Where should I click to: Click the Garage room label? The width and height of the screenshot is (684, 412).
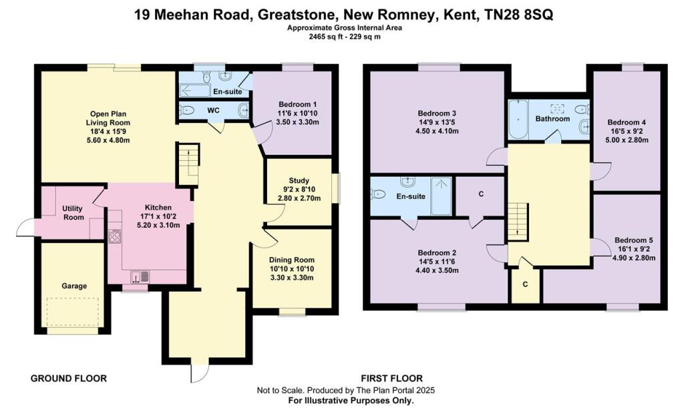[75, 286]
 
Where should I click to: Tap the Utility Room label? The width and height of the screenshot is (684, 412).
[73, 213]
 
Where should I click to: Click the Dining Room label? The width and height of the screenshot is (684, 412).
[291, 260]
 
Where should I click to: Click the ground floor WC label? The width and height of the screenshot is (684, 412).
[213, 110]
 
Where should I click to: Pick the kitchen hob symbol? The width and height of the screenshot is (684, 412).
[115, 236]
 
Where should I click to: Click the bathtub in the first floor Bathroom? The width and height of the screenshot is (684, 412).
[518, 120]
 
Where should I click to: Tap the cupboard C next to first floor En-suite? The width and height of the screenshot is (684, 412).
[480, 195]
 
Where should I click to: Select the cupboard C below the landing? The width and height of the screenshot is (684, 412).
[525, 284]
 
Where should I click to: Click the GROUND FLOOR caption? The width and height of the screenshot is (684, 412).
[69, 379]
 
